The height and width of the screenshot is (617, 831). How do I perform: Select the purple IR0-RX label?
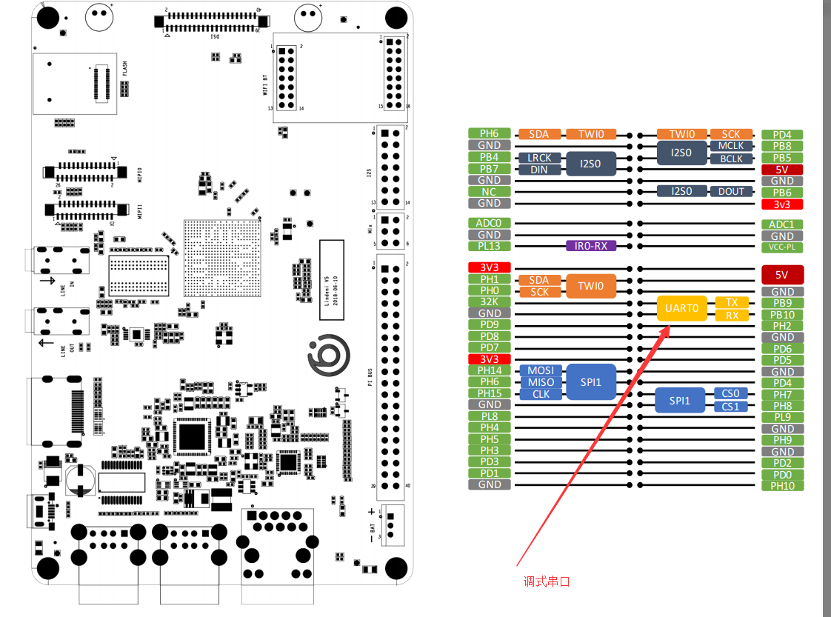[x=590, y=245]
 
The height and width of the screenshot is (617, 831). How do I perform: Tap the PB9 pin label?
[x=782, y=303]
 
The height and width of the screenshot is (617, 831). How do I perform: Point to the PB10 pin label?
[x=782, y=315]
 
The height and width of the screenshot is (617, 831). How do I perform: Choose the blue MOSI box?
[x=541, y=370]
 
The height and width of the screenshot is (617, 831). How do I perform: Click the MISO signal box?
[x=541, y=382]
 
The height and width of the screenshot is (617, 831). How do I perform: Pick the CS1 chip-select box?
[x=730, y=406]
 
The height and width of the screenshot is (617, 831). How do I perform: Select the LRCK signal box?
[x=539, y=158]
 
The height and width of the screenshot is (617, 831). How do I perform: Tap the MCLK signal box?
[x=731, y=146]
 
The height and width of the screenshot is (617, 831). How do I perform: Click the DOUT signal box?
[x=731, y=191]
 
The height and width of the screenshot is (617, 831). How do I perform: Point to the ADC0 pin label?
[x=489, y=223]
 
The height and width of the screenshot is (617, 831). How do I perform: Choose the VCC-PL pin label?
[x=782, y=247]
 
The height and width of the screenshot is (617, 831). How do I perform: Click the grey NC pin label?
[x=489, y=191]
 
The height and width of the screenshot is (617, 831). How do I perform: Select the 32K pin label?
[x=489, y=301]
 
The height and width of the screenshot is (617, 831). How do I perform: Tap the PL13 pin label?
[x=489, y=246]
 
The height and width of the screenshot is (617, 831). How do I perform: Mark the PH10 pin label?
[x=782, y=486]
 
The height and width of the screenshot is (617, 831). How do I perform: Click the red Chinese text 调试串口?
[x=547, y=581]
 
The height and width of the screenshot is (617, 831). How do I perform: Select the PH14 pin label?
[x=489, y=370]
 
